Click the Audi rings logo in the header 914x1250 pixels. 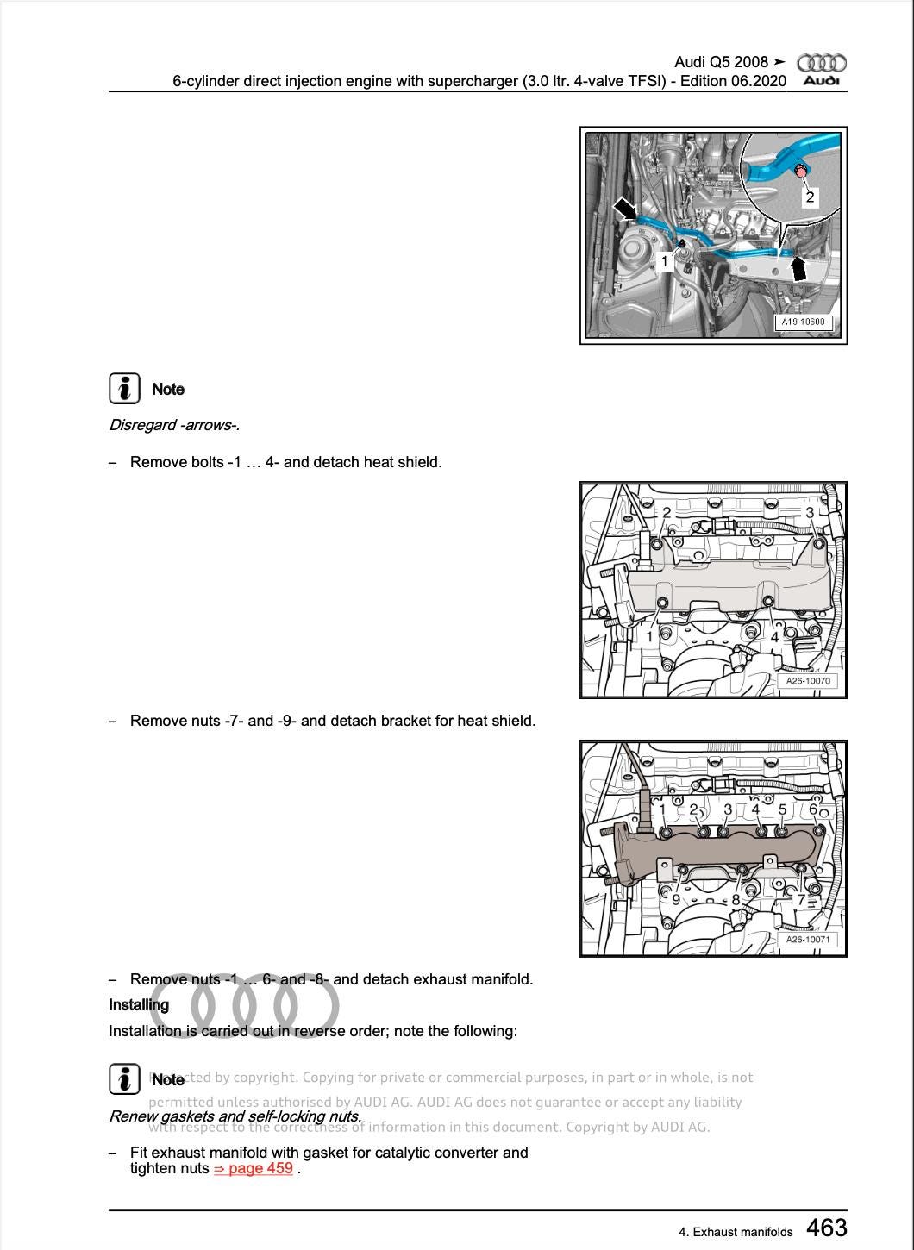821,63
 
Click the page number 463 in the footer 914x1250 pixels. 826,1228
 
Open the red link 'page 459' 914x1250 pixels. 254,1169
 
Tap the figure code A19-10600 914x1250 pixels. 803,322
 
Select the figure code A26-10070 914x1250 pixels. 807,681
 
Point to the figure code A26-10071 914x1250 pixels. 807,940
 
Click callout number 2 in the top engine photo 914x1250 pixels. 809,197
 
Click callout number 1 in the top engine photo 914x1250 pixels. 664,261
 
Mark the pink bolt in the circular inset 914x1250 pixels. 801,172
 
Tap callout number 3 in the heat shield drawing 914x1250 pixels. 809,513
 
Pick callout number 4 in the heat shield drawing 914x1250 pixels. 774,637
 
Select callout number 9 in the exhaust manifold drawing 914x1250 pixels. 676,900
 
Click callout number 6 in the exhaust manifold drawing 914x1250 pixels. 812,809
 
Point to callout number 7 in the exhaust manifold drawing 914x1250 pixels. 800,900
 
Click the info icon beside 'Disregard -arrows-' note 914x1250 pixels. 124,389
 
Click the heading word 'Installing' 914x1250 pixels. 139,1005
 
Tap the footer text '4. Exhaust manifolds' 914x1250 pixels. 736,1232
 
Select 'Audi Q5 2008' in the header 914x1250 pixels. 721,62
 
